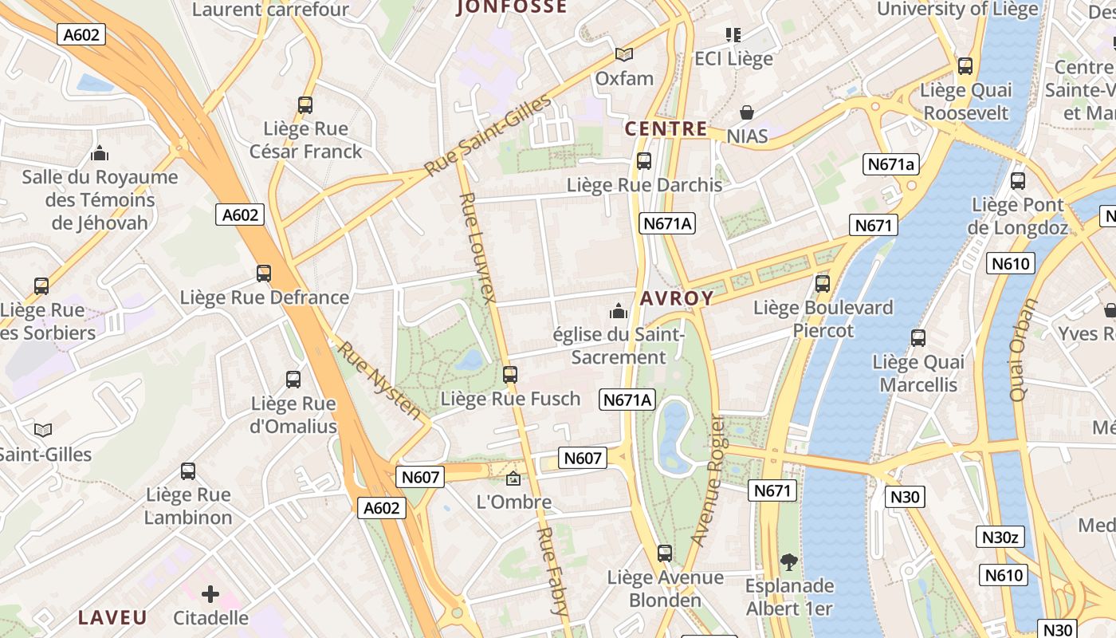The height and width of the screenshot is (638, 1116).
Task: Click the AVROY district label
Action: tap(677, 299)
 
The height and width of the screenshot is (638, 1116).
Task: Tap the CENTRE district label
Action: tap(666, 128)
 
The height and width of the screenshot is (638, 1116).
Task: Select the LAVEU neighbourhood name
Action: tap(112, 617)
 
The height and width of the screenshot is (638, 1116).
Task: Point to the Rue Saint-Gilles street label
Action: tap(487, 136)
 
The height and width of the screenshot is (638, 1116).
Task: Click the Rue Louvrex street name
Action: tap(478, 248)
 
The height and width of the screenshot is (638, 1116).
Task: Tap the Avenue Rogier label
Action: tap(707, 480)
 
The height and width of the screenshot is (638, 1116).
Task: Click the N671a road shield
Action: tap(890, 164)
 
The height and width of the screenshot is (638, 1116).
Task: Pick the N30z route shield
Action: tap(1000, 537)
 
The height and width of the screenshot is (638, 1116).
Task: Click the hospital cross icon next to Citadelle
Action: tap(210, 594)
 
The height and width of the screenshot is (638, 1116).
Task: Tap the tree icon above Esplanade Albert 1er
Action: tap(788, 562)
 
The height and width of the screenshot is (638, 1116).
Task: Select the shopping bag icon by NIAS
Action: tap(747, 112)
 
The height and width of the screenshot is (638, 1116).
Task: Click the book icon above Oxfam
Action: tap(624, 54)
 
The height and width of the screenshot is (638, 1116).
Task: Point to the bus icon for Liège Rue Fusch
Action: tap(510, 374)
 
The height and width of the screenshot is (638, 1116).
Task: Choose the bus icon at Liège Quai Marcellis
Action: tap(918, 338)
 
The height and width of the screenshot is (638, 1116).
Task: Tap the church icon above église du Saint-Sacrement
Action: tap(618, 311)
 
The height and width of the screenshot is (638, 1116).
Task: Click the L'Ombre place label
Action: tap(513, 502)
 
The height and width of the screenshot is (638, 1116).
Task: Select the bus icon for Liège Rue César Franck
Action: tap(305, 104)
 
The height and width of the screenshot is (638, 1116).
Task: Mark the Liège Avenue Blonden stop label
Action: tap(665, 589)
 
